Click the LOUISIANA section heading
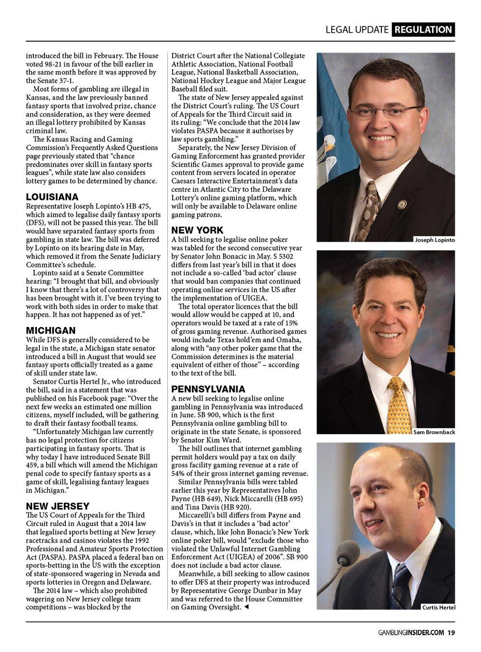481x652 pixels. (x=52, y=197)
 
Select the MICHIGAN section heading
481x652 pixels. (x=51, y=330)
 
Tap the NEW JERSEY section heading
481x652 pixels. (x=58, y=506)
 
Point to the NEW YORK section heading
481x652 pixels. (x=197, y=230)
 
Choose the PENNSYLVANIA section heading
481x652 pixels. (x=208, y=389)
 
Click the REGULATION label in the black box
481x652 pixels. (x=423, y=29)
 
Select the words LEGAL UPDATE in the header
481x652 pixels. (x=356, y=29)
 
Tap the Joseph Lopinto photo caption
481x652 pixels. (x=434, y=239)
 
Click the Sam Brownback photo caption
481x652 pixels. (x=434, y=432)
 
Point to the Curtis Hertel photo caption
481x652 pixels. (x=438, y=607)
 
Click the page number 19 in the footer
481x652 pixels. (x=451, y=632)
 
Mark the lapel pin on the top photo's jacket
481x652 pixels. (x=402, y=203)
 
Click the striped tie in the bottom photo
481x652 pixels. (x=401, y=587)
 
